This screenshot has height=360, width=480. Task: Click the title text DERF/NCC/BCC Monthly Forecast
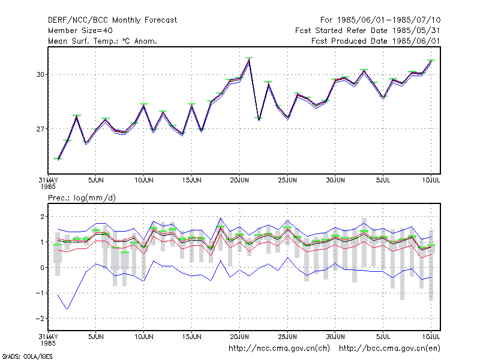[x=112, y=20]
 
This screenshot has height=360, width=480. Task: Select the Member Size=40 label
[x=80, y=31]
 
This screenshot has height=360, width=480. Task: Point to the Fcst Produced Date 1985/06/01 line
[x=376, y=41]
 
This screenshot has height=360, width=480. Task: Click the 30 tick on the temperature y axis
[x=40, y=74]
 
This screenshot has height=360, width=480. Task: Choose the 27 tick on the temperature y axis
[x=40, y=129]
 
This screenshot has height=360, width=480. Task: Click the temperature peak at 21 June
[x=249, y=59]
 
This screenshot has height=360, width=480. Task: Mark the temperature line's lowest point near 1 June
[x=58, y=160]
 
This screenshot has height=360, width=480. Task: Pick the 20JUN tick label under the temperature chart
[x=239, y=181]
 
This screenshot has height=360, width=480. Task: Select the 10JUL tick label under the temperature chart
[x=431, y=181]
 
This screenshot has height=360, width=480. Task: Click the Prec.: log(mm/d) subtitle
[x=82, y=198]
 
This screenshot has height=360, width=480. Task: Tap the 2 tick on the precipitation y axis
[x=42, y=217]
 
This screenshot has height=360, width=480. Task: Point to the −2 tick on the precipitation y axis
[x=40, y=319]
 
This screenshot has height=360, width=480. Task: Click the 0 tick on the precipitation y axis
[x=42, y=268]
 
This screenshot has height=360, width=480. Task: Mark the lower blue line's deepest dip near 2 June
[x=67, y=309]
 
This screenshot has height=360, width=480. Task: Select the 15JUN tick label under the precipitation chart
[x=191, y=337]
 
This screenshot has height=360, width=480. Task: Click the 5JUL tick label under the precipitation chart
[x=383, y=337]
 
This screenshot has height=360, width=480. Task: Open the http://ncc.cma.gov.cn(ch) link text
[x=279, y=349]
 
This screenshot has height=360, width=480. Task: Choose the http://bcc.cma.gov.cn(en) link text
[x=389, y=349]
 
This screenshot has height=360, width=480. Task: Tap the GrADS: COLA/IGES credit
[x=28, y=356]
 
